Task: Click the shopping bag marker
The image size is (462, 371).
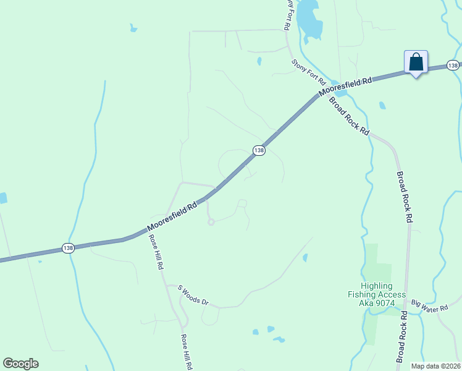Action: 416,63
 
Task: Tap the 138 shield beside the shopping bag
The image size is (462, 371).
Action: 453,65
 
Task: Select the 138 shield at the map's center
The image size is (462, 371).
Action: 259,150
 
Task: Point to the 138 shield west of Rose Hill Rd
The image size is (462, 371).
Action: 68,248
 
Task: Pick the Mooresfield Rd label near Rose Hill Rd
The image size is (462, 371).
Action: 172,215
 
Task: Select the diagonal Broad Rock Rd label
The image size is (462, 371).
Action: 348,116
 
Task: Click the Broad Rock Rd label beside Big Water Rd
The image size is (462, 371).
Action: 402,336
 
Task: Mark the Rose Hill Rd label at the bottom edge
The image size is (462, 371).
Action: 186,352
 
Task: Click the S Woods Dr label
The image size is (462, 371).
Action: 193,296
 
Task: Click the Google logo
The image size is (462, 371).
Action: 20,364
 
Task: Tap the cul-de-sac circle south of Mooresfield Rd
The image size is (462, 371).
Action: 211,222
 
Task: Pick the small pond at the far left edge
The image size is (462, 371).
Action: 2,198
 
